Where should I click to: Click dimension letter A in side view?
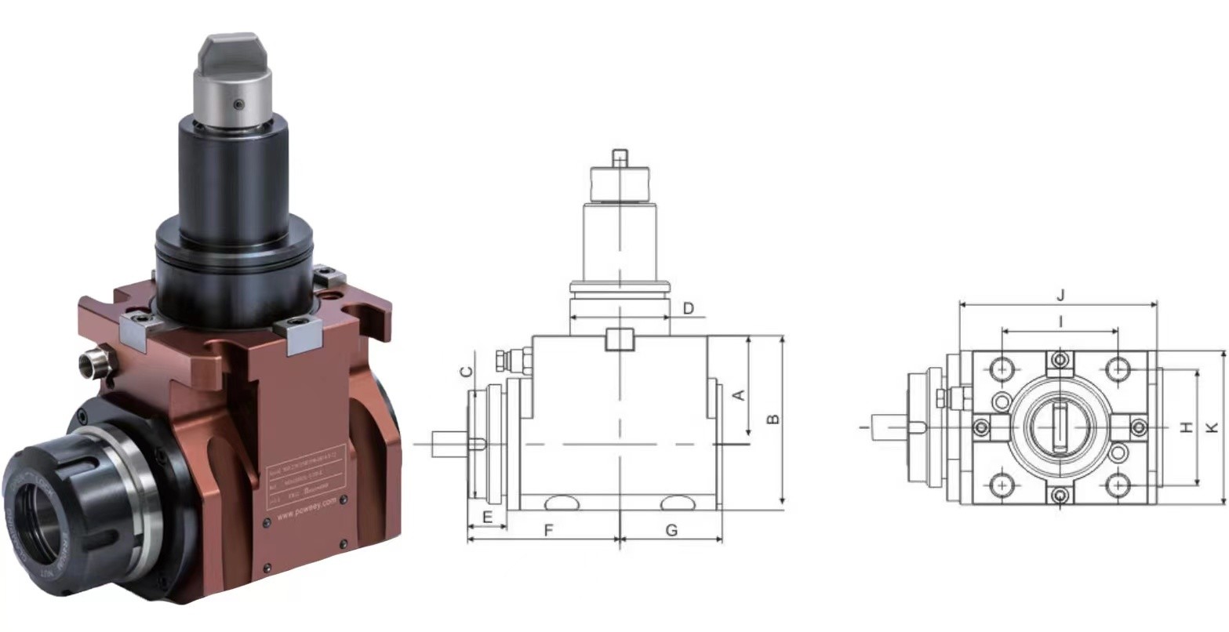coord(738,394)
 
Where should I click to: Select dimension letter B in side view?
coord(773,418)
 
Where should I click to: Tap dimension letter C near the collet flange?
coord(466,372)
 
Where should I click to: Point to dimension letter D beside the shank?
coord(688,308)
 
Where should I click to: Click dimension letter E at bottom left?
coord(486,517)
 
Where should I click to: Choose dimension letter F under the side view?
coord(549,531)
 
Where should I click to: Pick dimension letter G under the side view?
coord(671,531)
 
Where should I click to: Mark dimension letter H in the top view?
coord(1186,427)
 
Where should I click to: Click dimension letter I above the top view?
coord(1060,321)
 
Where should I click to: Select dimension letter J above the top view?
coord(1060,296)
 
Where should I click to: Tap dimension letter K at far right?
coord(1213,427)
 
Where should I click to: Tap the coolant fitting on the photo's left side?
coord(89,361)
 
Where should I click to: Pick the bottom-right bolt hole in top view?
coord(1118,486)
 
